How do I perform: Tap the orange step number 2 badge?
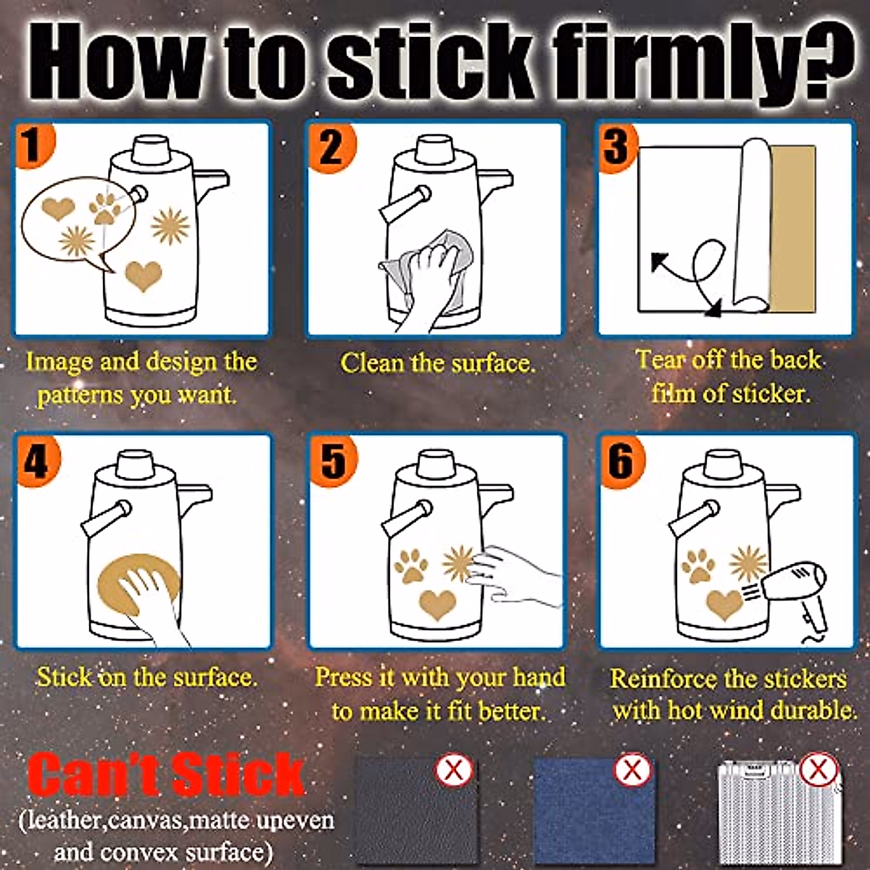pyautogui.click(x=332, y=146)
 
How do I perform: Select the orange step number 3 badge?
pyautogui.click(x=618, y=146)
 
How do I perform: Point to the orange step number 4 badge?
pyautogui.click(x=37, y=461)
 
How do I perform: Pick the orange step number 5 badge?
pyautogui.click(x=333, y=461)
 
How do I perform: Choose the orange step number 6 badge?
pyautogui.click(x=622, y=461)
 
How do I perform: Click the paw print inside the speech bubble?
pyautogui.click(x=105, y=208)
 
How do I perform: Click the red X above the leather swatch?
pyautogui.click(x=454, y=771)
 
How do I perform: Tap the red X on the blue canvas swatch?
pyautogui.click(x=632, y=771)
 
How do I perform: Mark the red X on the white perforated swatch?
pyautogui.click(x=819, y=771)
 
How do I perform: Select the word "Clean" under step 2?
pyautogui.click(x=372, y=363)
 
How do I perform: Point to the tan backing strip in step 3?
pyautogui.click(x=793, y=228)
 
